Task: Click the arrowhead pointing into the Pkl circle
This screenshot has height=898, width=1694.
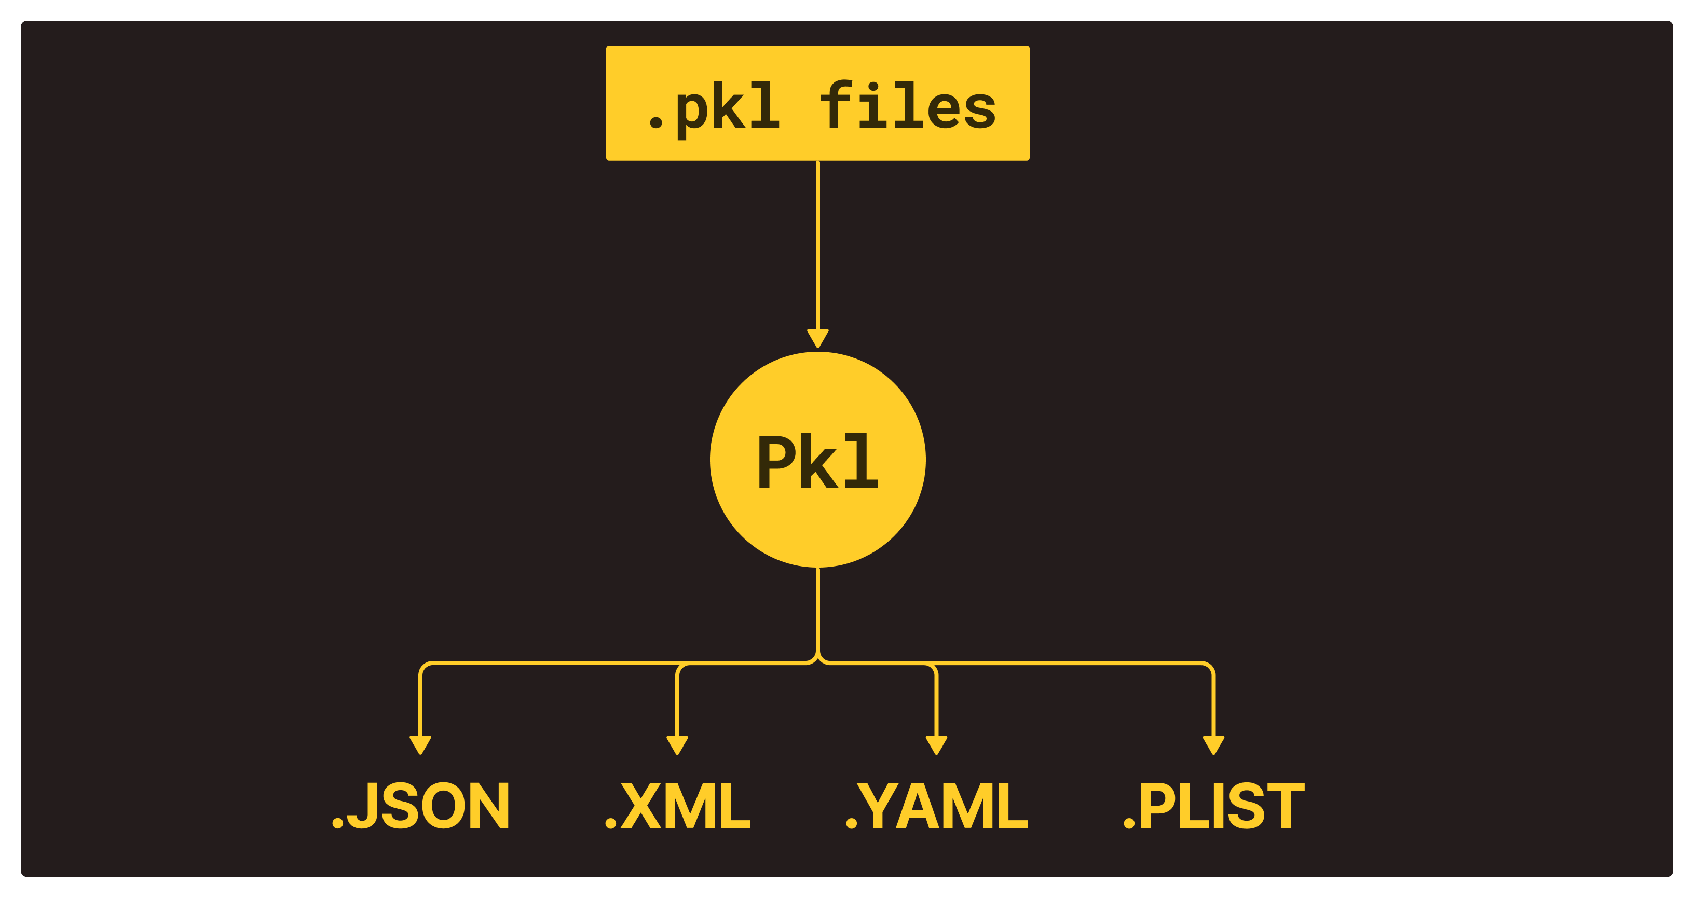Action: point(817,338)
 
